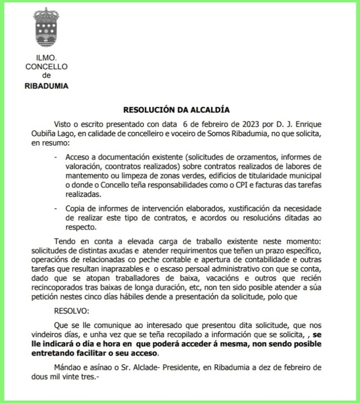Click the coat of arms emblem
click(46, 27)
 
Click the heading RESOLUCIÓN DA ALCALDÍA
click(176, 109)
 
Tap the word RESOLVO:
click(72, 311)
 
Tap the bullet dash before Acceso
click(57, 156)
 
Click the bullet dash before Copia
click(57, 207)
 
